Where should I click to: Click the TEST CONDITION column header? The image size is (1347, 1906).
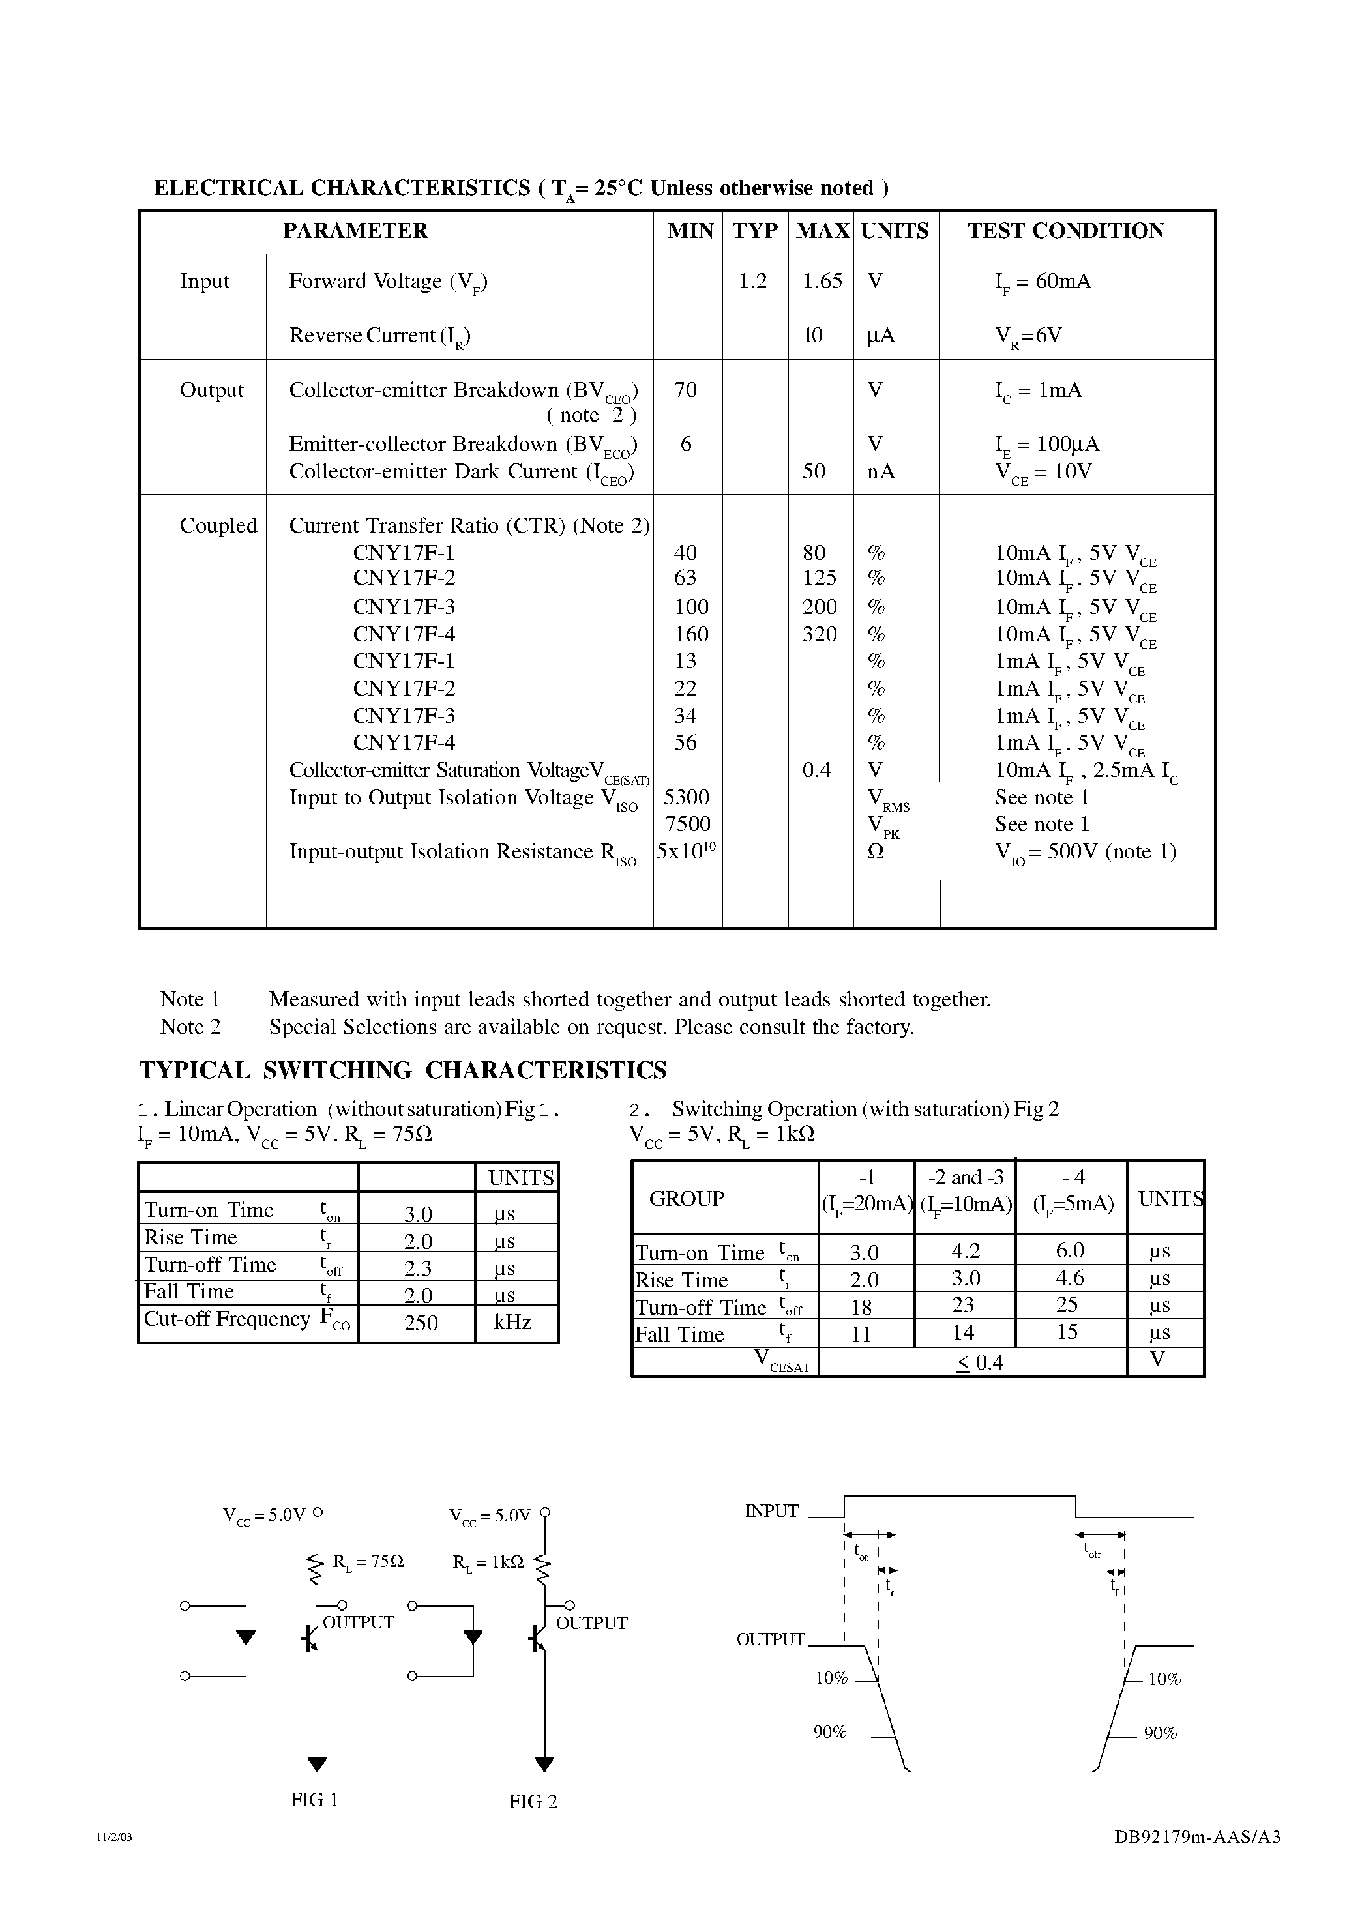[x=1065, y=231]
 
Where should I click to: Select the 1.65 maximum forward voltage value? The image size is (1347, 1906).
[x=822, y=282]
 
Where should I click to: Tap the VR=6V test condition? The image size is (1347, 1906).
[x=1028, y=336]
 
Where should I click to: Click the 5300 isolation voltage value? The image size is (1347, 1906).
[x=687, y=798]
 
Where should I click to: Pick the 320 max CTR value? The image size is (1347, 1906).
[x=820, y=634]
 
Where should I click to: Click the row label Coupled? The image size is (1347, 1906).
[x=218, y=525]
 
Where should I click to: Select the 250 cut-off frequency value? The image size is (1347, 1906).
[x=421, y=1323]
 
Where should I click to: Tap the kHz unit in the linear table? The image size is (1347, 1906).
[x=512, y=1323]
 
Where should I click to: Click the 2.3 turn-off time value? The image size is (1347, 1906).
[x=418, y=1268]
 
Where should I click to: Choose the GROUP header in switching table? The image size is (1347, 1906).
[x=686, y=1199]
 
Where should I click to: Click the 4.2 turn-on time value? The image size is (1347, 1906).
[x=965, y=1251]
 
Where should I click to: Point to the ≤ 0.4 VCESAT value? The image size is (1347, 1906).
[x=980, y=1363]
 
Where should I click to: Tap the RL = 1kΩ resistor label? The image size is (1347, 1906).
[x=488, y=1561]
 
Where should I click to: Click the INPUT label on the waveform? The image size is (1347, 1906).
[x=771, y=1511]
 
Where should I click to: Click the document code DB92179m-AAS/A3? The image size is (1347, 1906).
[x=1196, y=1860]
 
